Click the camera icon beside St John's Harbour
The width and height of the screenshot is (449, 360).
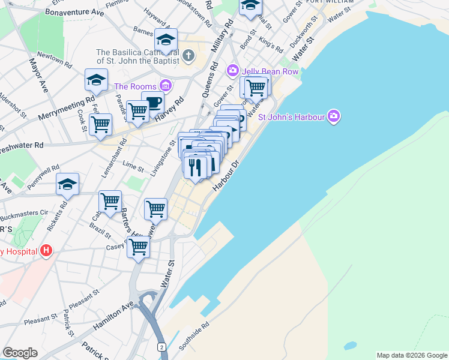(334, 116)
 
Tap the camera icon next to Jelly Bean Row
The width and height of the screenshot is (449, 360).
(232, 71)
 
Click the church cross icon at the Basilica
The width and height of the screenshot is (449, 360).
(188, 57)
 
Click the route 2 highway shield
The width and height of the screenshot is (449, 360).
(161, 347)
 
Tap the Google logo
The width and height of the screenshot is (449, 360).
(20, 353)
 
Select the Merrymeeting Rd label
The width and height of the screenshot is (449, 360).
(67, 108)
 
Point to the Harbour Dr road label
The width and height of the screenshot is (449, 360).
(227, 174)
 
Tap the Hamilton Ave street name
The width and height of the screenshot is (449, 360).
(113, 316)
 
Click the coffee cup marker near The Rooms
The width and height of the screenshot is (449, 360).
(152, 102)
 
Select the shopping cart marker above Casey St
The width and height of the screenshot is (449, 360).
(139, 245)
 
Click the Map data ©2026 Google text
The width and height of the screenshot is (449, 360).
(412, 355)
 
